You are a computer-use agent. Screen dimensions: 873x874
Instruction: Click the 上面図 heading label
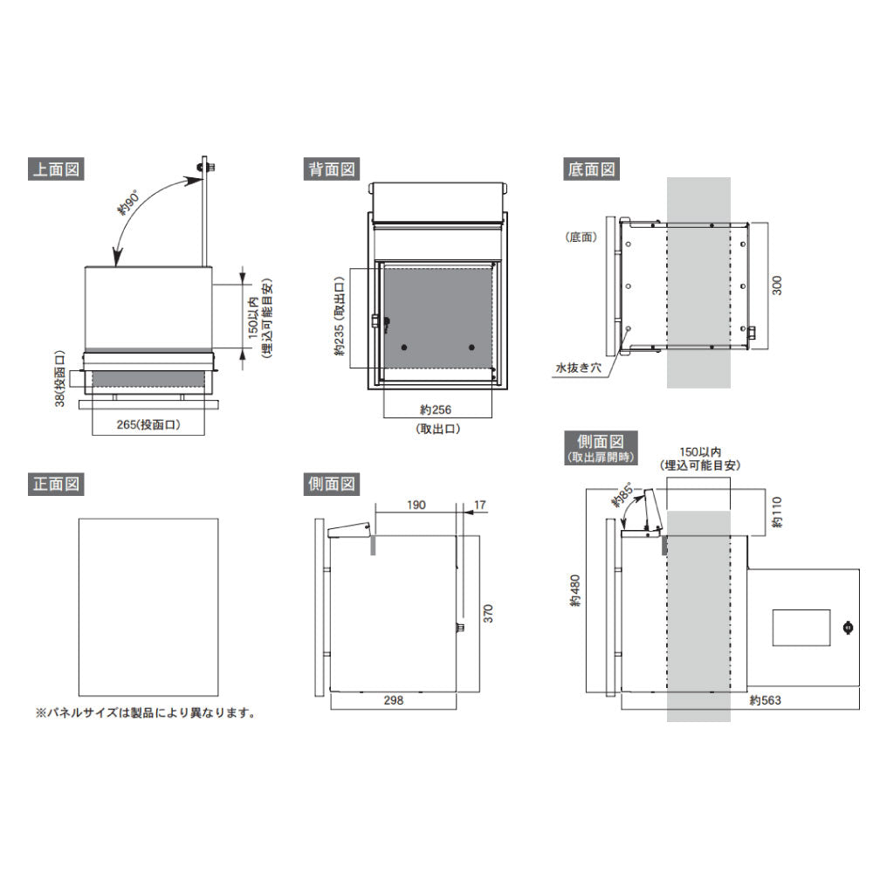pyautogui.click(x=56, y=169)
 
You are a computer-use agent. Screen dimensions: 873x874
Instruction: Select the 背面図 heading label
pyautogui.click(x=332, y=169)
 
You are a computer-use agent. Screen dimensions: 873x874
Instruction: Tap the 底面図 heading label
pyautogui.click(x=591, y=169)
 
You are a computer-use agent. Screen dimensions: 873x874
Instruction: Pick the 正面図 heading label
pyautogui.click(x=56, y=484)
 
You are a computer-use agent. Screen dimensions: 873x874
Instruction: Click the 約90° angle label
pyautogui.click(x=127, y=203)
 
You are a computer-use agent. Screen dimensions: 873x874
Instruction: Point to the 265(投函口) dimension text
pyautogui.click(x=148, y=424)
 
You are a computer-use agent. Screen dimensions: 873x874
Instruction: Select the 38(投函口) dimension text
pyautogui.click(x=60, y=378)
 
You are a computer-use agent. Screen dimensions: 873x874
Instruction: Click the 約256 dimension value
pyautogui.click(x=436, y=409)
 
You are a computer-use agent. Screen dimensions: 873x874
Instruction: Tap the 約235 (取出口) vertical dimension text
pyautogui.click(x=340, y=317)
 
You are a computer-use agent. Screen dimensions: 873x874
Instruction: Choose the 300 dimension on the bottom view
pyautogui.click(x=777, y=286)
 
